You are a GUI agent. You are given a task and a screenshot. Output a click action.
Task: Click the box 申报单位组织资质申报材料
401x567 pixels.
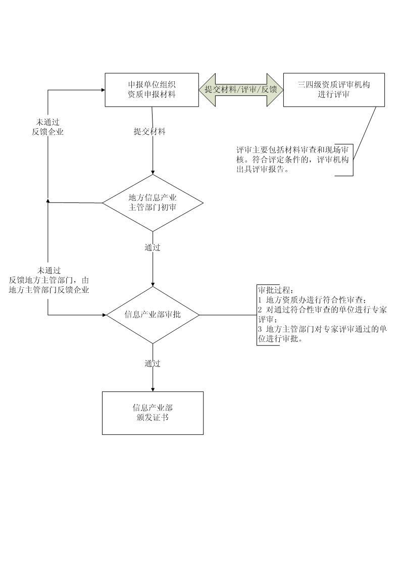pos(152,90)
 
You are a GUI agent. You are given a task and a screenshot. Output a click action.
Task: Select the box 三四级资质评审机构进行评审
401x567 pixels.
pos(333,90)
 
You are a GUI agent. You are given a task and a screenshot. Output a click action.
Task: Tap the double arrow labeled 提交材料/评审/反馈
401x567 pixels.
pos(241,90)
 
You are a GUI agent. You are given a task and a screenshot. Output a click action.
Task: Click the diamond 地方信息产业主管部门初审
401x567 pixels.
pos(153,203)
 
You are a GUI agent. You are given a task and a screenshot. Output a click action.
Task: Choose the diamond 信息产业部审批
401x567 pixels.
pos(153,315)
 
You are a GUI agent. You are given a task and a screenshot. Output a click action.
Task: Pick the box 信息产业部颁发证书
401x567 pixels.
pos(153,413)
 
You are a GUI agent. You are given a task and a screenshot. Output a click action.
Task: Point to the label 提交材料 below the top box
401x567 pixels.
pos(149,132)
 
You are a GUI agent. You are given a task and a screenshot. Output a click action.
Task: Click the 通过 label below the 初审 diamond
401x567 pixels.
pos(153,248)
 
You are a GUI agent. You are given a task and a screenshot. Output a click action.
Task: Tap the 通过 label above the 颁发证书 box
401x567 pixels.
pos(153,364)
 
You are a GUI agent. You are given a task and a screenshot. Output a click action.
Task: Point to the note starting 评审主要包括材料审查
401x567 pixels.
pos(293,160)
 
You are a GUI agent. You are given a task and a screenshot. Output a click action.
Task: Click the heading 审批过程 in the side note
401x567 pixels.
pos(275,291)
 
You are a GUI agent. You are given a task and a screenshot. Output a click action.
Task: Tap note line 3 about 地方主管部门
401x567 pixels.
pos(322,334)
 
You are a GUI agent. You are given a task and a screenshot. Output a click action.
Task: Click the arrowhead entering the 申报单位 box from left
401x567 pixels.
pos(103,90)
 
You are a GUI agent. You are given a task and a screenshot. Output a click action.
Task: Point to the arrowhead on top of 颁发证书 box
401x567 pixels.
pos(153,389)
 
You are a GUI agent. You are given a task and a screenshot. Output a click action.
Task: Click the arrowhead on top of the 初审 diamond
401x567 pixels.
pos(153,172)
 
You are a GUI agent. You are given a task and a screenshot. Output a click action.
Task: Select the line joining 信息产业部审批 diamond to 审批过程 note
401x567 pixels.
pos(227,315)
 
